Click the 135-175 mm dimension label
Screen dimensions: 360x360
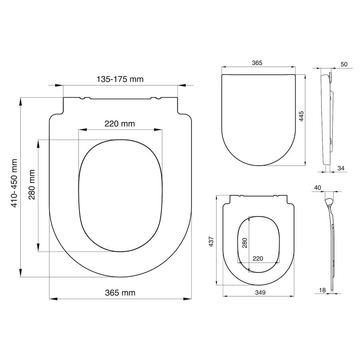coord(120,79)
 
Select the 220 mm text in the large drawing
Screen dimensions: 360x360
coord(120,124)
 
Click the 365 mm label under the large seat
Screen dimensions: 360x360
coord(120,293)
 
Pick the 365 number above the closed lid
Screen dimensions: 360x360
coord(257,63)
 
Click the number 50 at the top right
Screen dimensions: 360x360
coord(344,64)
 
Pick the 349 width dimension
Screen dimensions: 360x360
coord(260,292)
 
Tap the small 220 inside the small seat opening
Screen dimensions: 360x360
coord(258,258)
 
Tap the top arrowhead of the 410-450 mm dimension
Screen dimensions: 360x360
coord(20,101)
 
